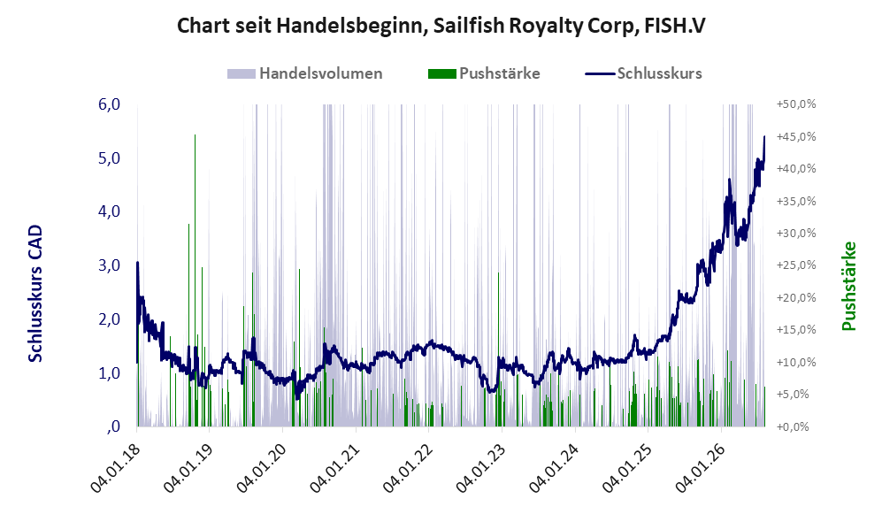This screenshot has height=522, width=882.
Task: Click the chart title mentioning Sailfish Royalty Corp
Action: click(x=441, y=26)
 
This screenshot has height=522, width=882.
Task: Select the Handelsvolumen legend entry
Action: click(x=305, y=73)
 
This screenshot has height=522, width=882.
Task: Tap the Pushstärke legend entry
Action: click(x=484, y=73)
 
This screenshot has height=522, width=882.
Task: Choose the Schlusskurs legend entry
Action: click(x=643, y=73)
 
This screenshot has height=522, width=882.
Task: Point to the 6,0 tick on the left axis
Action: click(x=109, y=104)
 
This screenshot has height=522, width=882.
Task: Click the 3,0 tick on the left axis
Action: click(x=109, y=265)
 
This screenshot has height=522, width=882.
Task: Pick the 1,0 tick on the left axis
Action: click(x=109, y=372)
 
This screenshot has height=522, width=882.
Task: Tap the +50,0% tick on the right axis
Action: click(x=796, y=104)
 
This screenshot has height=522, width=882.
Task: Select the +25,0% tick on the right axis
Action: click(x=796, y=265)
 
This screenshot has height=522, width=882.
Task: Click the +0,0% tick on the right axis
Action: click(x=793, y=426)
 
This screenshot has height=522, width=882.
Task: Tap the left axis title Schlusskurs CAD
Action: click(x=35, y=293)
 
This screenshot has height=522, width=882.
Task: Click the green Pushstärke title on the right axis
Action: click(x=848, y=286)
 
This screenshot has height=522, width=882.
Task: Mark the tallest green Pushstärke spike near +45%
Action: click(x=195, y=280)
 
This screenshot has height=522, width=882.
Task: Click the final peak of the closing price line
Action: click(x=764, y=136)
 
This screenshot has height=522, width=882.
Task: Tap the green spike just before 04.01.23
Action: click(x=498, y=349)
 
